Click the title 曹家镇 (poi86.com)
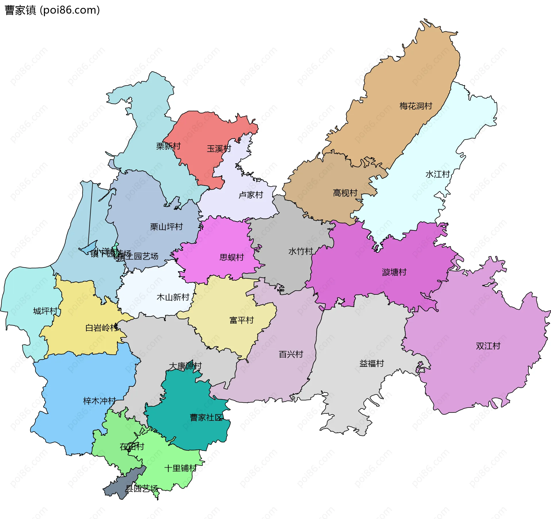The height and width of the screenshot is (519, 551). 52,10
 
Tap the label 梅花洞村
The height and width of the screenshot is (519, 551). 416,106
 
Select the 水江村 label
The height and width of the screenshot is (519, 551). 437,174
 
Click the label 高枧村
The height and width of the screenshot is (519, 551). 345,193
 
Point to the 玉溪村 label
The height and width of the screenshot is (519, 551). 219,148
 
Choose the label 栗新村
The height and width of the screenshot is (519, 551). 168,146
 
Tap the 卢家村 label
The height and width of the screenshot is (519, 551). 251,195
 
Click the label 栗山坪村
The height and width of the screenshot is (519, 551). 166,227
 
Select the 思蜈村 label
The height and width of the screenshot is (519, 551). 232,257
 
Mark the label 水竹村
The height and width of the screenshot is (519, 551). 300,251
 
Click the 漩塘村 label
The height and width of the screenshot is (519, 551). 394,272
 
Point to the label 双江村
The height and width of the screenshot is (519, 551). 488,346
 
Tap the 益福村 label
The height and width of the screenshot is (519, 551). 372,363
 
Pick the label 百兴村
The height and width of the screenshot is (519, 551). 291,354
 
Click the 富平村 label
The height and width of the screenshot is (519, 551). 242,320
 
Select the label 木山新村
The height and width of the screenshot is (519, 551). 173,297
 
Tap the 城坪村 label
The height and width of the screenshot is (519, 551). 45,311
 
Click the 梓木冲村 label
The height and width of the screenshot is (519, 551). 99,401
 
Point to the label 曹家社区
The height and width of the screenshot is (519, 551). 206,417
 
